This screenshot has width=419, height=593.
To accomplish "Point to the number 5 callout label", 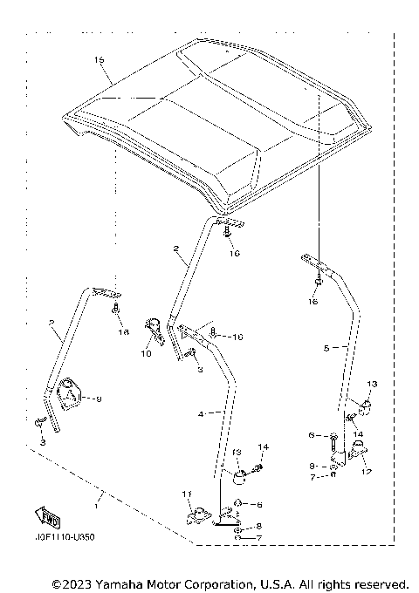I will click(326, 347).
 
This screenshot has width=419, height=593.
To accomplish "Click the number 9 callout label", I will click(99, 399).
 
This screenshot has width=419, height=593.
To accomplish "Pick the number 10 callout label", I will click(146, 354).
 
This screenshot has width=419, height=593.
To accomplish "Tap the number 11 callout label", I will click(185, 495).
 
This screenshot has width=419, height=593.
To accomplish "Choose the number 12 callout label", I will click(365, 472).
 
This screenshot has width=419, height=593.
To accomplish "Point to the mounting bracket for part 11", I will click(200, 515).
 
